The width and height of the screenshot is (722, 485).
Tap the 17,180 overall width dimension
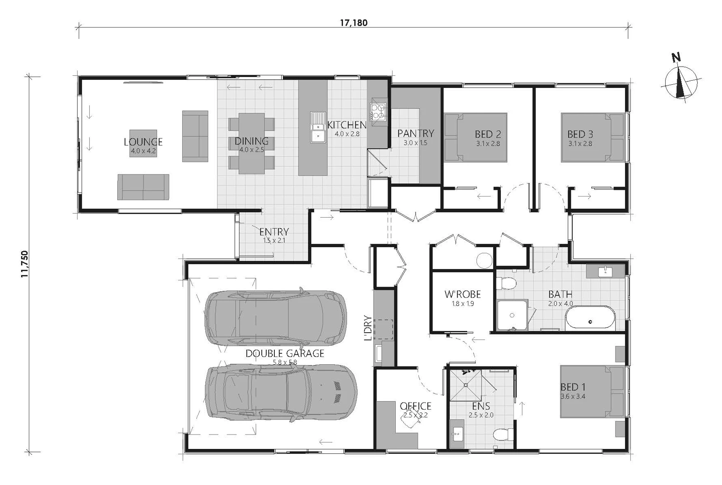[354, 23]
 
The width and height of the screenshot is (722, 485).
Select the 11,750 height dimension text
[25, 264]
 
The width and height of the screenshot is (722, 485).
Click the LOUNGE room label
[143, 142]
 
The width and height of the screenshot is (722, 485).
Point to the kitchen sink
[318, 127]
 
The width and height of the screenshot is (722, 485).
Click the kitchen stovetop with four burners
[378, 112]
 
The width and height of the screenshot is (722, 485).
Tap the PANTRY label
[416, 133]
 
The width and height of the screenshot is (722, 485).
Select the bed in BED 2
[476, 137]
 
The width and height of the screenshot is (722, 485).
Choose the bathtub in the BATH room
[590, 318]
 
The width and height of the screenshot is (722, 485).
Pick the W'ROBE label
[463, 294]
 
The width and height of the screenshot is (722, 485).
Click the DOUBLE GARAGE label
[285, 353]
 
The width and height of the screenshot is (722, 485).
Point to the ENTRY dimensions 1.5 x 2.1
[274, 240]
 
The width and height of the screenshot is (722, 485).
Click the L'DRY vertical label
[367, 328]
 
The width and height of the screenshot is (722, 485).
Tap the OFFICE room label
[416, 406]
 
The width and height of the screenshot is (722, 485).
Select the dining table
[251, 143]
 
